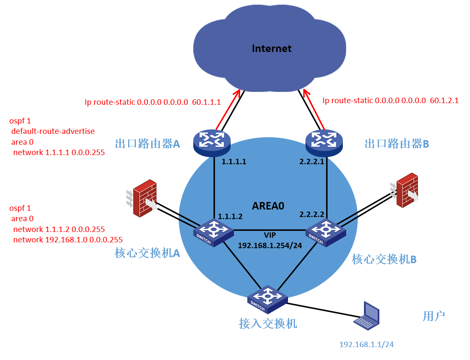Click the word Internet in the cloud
tap(272, 49)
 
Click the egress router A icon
tap(212, 142)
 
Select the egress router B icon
tap(326, 142)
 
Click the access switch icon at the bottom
tap(267, 298)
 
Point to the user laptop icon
tap(367, 316)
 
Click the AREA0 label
tap(268, 206)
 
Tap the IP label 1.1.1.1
tap(234, 162)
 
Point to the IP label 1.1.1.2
tap(230, 217)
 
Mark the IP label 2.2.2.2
tap(312, 215)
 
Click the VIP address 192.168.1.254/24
tap(269, 246)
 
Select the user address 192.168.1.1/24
tap(366, 345)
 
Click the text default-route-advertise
tap(53, 131)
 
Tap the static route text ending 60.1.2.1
tap(390, 101)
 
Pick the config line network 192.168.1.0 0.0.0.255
tap(68, 240)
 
